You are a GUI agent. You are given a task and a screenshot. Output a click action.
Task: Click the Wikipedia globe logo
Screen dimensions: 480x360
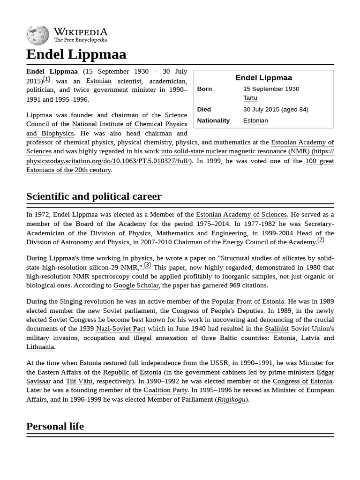coord(38,34)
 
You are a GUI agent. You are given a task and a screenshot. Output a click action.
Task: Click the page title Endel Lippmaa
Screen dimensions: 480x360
coord(76,54)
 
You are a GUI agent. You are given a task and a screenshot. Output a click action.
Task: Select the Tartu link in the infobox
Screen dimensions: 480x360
coord(250,98)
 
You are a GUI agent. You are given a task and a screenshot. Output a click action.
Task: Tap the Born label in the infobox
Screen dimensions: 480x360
coord(204,89)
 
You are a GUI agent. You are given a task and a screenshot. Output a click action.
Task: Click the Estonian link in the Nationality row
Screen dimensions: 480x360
coord(255,120)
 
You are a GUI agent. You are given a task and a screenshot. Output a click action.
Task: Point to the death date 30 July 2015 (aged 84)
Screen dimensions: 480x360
coord(275,109)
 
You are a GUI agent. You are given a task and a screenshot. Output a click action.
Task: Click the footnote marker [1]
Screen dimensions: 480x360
coord(46,79)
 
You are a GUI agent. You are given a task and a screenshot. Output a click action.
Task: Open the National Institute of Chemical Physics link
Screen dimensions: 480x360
coord(129,124)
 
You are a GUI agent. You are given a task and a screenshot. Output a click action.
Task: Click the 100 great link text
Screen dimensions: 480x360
coord(320,161)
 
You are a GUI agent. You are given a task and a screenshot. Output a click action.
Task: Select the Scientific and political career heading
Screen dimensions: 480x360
coord(94,196)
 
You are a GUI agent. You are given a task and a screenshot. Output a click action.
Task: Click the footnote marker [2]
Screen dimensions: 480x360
coord(321,240)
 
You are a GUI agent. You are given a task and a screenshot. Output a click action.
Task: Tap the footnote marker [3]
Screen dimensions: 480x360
coord(148,265)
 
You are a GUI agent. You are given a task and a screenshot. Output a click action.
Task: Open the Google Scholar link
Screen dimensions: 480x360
coord(136,285)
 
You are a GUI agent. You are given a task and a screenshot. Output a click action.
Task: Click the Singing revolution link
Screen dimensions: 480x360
coord(87,301)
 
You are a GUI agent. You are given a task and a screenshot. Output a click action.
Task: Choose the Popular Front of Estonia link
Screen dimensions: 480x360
coord(247,301)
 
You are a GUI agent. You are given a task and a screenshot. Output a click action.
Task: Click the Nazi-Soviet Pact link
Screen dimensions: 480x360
coord(120,329)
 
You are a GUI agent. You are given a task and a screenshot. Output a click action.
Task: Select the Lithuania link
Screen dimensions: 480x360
coord(40,347)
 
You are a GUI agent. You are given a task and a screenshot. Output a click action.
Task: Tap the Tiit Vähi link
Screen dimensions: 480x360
coord(79,381)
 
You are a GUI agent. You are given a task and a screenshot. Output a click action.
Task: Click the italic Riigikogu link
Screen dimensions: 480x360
coord(232,399)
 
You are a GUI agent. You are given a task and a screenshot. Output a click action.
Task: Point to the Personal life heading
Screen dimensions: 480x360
coord(55,426)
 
